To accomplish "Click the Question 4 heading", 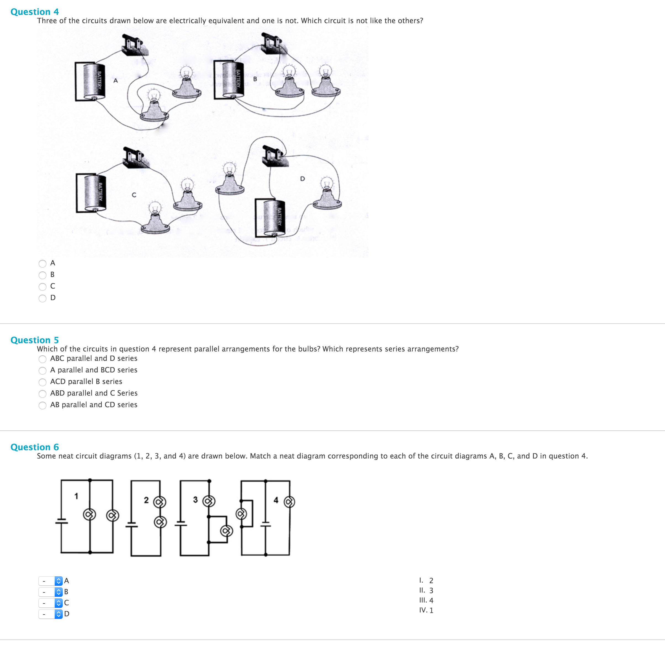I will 34,12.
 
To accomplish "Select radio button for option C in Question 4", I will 43,287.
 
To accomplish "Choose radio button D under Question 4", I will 43,298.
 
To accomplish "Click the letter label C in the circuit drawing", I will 134,195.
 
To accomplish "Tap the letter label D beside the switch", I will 302,178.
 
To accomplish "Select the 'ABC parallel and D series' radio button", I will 43,359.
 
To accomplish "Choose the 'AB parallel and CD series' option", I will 43,405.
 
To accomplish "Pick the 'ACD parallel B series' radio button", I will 43,382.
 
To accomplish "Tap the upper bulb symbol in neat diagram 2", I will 160,502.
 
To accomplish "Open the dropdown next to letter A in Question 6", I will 50,581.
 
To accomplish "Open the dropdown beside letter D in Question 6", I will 50,614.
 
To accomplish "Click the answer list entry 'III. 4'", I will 426,600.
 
